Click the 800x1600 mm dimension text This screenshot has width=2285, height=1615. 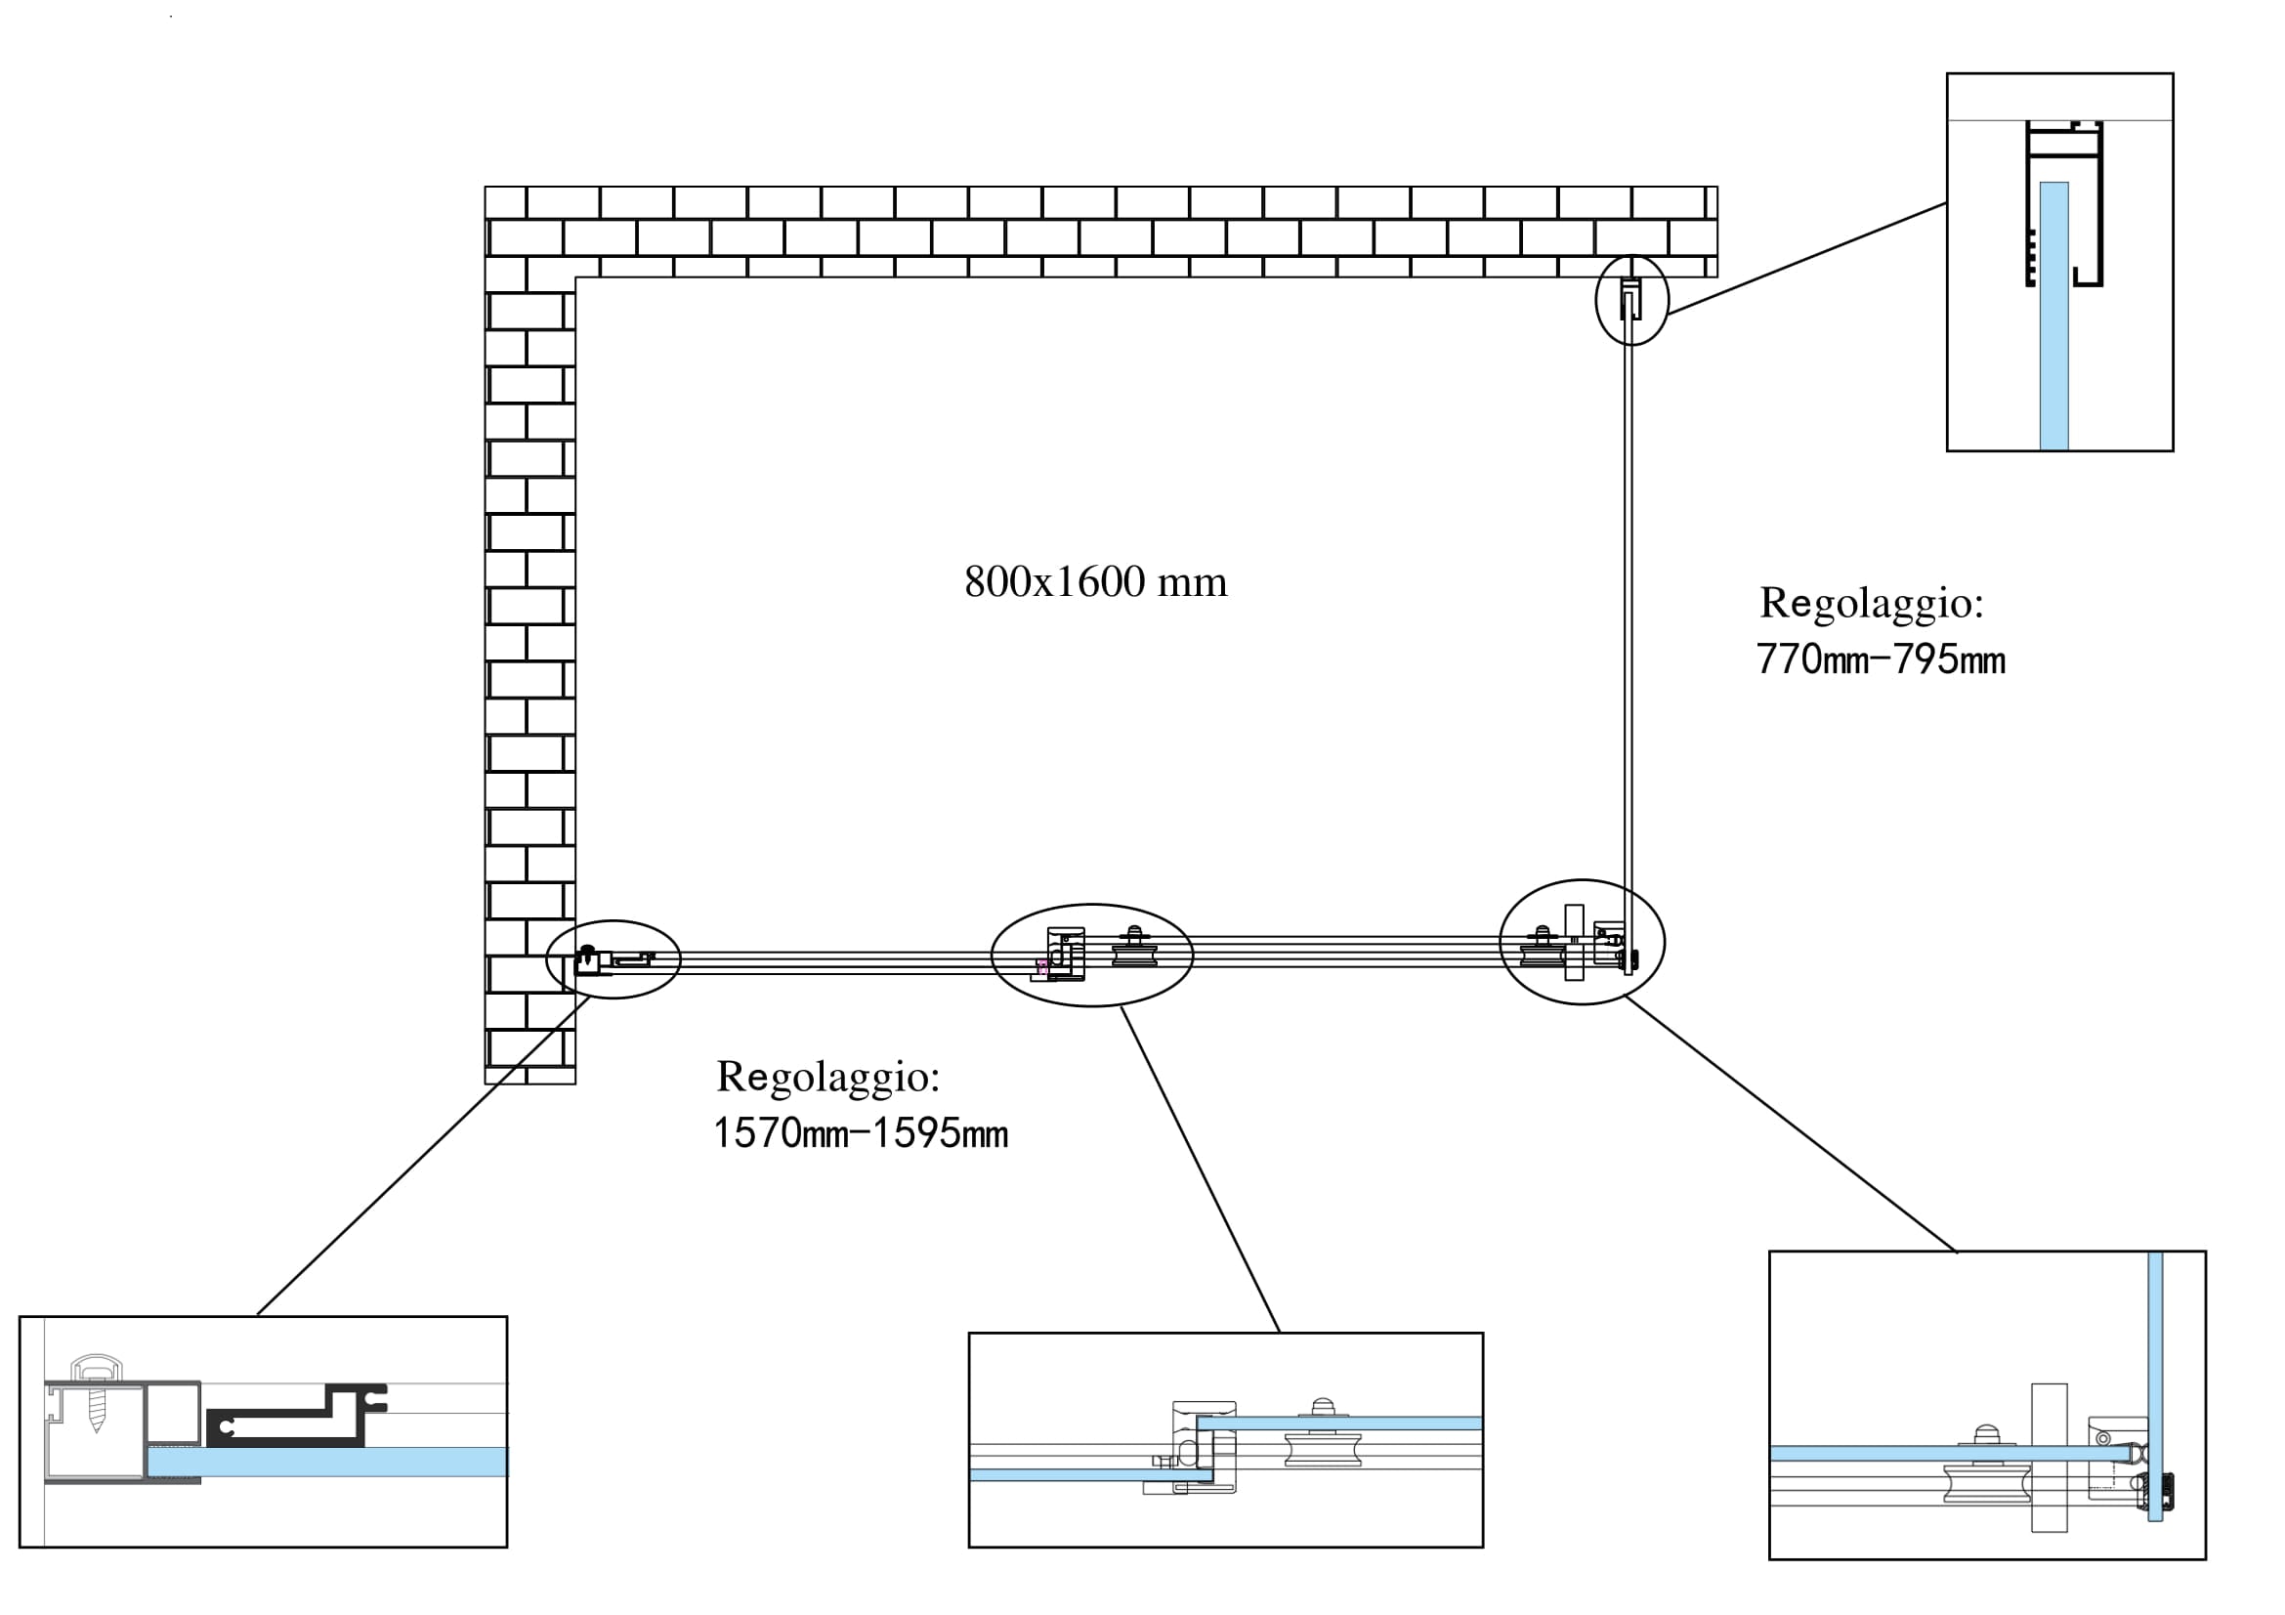point(1096,582)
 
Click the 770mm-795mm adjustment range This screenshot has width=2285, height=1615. point(1880,660)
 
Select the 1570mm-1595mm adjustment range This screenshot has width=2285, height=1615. point(861,1134)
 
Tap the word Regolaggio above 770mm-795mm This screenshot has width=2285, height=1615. point(1871,603)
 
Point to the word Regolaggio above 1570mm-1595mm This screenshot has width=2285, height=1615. point(828,1077)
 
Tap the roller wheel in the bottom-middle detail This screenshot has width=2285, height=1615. point(1323,1448)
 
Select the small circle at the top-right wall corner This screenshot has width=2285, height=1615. point(1631,300)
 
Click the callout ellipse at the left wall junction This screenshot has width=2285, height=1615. point(614,959)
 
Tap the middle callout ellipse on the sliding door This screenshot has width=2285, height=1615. point(1092,956)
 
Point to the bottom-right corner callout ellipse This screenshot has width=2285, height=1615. point(1582,943)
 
